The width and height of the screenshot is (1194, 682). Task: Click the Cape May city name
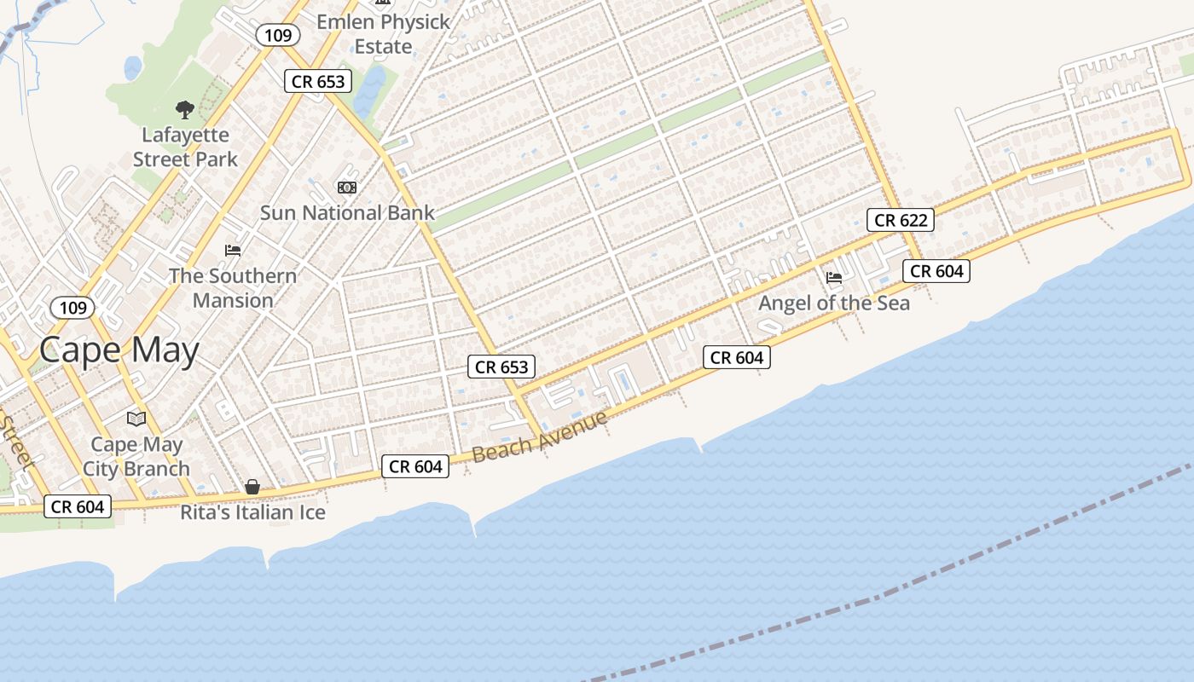tap(119, 350)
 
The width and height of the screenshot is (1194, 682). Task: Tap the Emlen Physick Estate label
tap(383, 34)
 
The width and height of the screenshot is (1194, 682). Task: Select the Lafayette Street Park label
tap(185, 147)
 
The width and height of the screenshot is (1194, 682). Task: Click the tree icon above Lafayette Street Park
tap(184, 109)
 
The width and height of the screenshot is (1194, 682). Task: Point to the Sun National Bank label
tap(347, 212)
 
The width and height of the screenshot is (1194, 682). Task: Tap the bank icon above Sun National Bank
tap(347, 188)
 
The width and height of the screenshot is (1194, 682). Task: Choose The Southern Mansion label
tap(233, 287)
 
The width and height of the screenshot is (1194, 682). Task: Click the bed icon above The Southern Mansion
tap(233, 251)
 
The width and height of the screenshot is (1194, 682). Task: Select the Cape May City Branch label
tap(136, 456)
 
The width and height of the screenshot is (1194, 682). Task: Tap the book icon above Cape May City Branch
tap(136, 419)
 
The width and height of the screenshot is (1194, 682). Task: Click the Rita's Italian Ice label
tap(252, 512)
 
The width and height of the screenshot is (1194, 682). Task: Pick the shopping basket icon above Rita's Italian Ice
tap(252, 487)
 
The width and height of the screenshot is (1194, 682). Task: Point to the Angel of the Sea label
tap(834, 303)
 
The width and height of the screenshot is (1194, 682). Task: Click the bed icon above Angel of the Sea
tap(834, 278)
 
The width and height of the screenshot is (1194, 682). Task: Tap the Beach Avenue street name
tap(540, 436)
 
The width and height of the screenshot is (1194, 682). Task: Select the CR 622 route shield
tap(901, 220)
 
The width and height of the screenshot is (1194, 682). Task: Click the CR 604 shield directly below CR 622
tap(936, 271)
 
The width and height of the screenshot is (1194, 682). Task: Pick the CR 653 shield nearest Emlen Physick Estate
tap(318, 81)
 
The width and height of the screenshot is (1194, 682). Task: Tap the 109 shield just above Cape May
tap(73, 307)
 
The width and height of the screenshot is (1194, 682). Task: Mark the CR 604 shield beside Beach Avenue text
tap(415, 466)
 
